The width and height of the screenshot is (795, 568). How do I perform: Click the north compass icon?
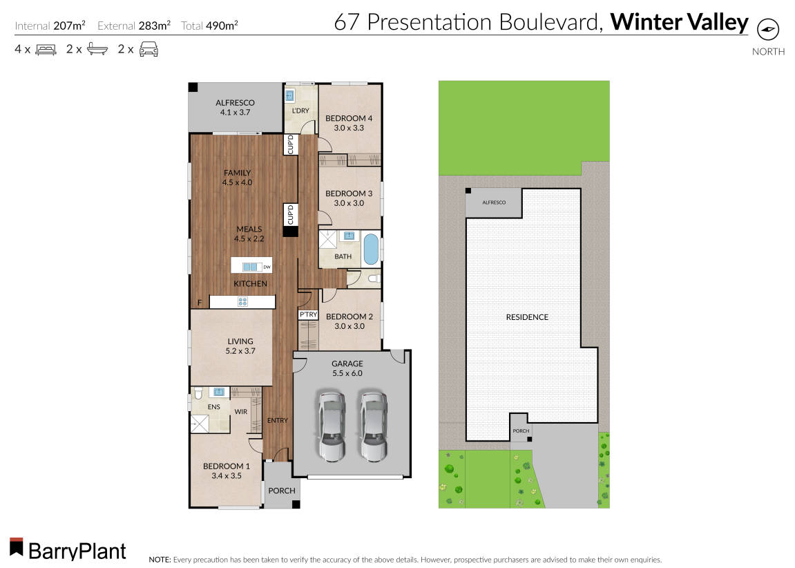click(x=768, y=30)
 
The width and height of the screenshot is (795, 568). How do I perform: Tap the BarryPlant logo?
click(x=68, y=549)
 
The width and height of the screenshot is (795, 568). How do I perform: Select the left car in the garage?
click(x=331, y=426)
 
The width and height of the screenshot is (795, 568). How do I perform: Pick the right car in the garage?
click(x=373, y=426)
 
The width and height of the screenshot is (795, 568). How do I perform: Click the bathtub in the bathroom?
click(x=371, y=249)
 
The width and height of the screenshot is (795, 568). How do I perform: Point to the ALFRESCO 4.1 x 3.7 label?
click(x=235, y=107)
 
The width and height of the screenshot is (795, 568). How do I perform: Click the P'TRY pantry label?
click(x=308, y=315)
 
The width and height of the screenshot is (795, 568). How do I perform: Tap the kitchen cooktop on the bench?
click(x=242, y=302)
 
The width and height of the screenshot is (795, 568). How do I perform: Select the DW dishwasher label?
click(x=267, y=267)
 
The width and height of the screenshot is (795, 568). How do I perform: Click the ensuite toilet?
click(x=198, y=394)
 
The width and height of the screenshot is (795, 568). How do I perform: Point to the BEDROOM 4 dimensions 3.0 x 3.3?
click(x=349, y=128)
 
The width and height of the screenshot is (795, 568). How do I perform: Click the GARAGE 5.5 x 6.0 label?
click(x=347, y=368)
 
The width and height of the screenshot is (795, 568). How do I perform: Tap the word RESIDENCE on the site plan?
click(x=527, y=317)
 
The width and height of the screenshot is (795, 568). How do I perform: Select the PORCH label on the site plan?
click(x=521, y=431)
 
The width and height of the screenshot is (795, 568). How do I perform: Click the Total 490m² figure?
click(x=210, y=26)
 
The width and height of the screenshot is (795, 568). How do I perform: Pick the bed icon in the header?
click(x=46, y=49)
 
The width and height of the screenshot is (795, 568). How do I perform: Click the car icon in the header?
click(x=149, y=49)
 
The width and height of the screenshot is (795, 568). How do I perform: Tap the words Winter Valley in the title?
click(x=679, y=22)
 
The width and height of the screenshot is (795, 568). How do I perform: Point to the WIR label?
click(x=241, y=411)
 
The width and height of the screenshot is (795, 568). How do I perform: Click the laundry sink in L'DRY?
click(x=291, y=96)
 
